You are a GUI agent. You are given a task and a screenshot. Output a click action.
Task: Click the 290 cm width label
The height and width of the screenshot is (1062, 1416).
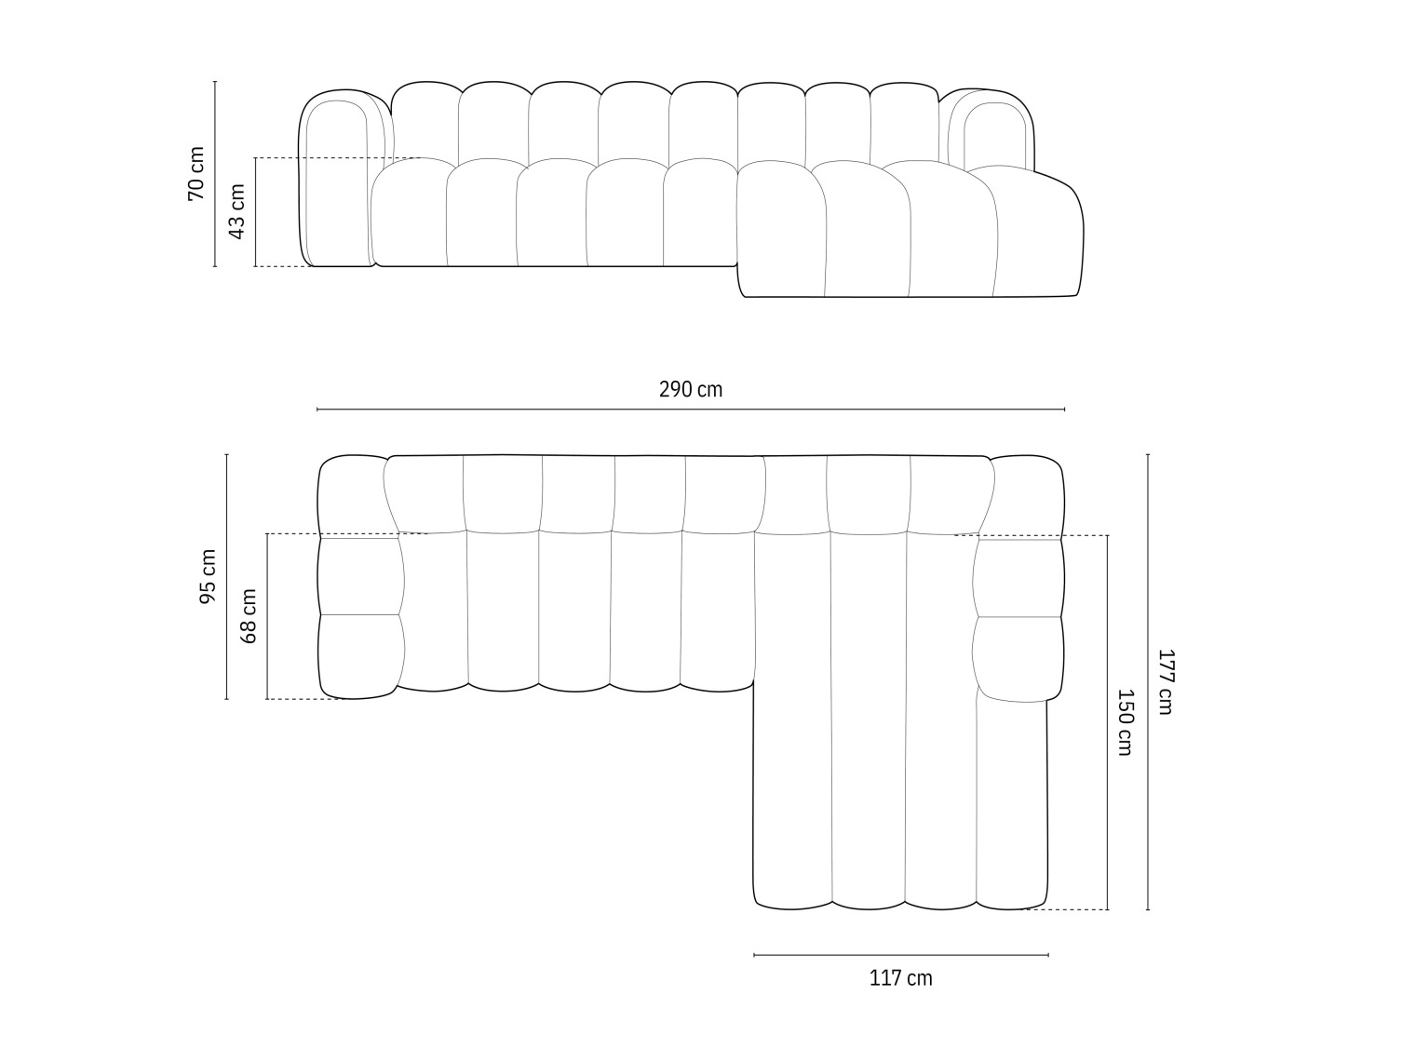(x=690, y=390)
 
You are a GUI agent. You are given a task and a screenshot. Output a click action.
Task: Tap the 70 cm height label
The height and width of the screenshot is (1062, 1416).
(x=196, y=174)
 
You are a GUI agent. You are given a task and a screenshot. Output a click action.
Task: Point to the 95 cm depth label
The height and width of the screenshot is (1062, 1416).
(x=208, y=576)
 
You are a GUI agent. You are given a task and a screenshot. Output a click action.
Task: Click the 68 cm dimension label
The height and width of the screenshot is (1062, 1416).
(x=249, y=616)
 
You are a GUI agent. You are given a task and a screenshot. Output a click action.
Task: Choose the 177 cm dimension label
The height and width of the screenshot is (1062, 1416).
(x=1165, y=681)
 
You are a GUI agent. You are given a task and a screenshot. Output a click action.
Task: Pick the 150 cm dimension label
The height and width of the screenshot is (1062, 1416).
(x=1125, y=721)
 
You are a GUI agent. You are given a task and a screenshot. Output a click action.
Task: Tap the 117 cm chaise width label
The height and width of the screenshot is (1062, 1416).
(x=900, y=978)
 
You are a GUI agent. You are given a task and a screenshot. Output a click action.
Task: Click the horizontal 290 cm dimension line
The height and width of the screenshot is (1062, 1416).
(x=690, y=409)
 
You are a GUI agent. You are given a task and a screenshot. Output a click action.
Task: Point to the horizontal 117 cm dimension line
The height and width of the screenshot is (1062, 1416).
(x=900, y=955)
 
